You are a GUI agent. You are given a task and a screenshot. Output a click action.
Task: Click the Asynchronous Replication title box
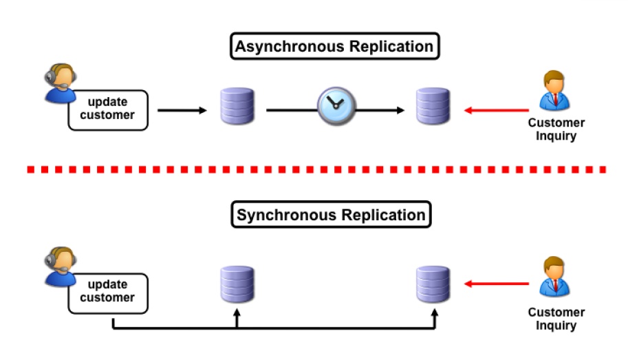pyautogui.click(x=334, y=47)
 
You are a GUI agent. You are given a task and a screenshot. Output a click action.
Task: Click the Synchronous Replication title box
pyautogui.click(x=331, y=215)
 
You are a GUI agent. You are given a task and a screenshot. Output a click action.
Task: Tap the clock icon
pyautogui.click(x=335, y=105)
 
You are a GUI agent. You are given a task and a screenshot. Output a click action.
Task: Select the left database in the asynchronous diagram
pyautogui.click(x=237, y=107)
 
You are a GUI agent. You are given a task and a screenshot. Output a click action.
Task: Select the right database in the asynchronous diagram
pyautogui.click(x=433, y=107)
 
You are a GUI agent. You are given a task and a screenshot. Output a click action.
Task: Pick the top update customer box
pyautogui.click(x=107, y=109)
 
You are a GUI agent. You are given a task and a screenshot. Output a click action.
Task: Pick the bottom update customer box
pyautogui.click(x=107, y=292)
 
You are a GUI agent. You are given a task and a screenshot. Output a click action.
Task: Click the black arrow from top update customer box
pyautogui.click(x=182, y=110)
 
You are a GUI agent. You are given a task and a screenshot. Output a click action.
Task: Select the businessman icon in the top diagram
pyautogui.click(x=556, y=91)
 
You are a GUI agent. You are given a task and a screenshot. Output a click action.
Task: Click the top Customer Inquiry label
pyautogui.click(x=556, y=129)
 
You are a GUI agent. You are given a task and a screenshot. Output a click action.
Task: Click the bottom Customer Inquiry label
pyautogui.click(x=556, y=319)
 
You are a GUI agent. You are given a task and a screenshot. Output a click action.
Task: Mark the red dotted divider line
pyautogui.click(x=316, y=169)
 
